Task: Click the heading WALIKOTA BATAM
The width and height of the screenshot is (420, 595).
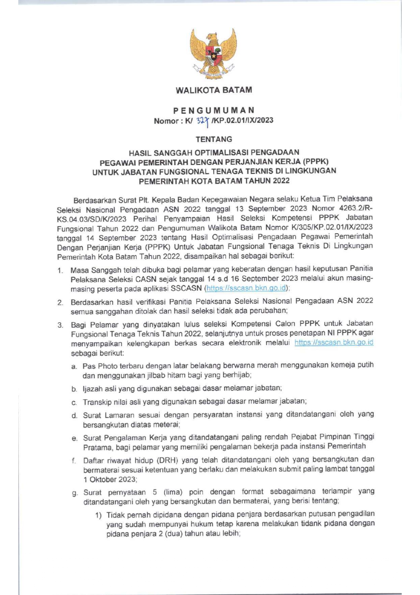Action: [x=214, y=90]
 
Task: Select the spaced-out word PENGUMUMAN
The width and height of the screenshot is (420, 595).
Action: [x=214, y=110]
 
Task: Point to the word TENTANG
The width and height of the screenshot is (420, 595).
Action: [x=214, y=139]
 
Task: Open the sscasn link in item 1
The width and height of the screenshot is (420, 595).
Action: [x=246, y=288]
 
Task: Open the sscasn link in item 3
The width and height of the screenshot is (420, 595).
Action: [x=334, y=342]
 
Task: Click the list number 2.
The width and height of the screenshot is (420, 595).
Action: [x=60, y=302]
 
